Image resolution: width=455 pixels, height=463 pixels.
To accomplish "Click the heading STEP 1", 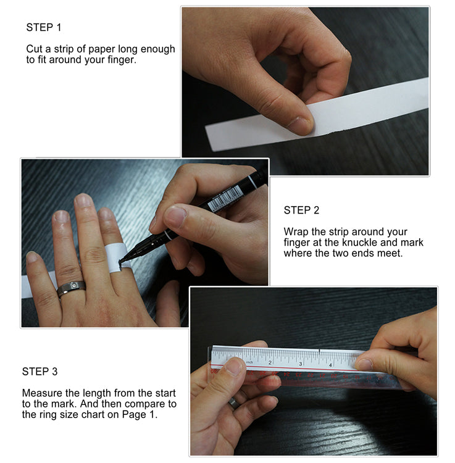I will coord(44,27).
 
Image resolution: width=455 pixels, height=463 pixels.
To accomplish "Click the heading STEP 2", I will coord(301,211).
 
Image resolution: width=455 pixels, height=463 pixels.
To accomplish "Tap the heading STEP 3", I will coord(40,372).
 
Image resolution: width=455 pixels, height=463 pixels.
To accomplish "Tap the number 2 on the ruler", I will coord(270,362).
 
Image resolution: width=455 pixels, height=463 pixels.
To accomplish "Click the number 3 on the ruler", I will coord(301,364).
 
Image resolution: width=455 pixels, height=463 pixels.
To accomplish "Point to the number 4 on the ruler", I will coord(330,364).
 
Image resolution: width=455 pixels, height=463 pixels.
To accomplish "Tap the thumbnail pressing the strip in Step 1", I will coord(301,125).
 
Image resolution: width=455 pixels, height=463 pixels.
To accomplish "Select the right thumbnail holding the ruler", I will coord(364,364).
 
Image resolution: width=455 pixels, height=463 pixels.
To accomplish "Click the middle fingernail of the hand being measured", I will coord(83,201).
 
